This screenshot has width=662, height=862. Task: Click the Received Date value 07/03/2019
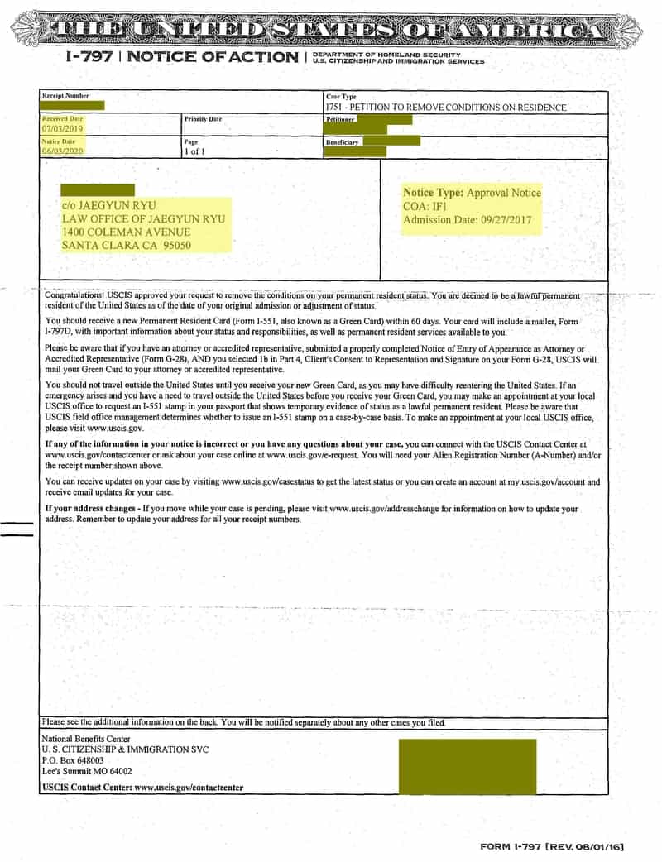62,129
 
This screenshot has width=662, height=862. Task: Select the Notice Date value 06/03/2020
62,151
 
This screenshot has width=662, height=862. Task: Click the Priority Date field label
203,119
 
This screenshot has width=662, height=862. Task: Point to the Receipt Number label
65,96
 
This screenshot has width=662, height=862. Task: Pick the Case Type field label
341,97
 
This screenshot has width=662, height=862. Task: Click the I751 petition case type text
446,108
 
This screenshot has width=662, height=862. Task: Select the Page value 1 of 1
194,151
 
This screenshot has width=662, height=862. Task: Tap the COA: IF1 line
425,206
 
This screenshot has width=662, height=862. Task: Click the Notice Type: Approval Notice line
472,193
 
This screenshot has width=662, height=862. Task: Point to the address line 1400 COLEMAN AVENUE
126,232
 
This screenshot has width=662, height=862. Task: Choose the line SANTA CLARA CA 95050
126,246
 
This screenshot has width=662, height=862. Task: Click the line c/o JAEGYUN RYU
108,205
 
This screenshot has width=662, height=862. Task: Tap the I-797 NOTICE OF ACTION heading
181,57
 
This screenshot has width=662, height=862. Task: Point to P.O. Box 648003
73,760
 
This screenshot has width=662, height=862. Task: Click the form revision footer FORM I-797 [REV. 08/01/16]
552,847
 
